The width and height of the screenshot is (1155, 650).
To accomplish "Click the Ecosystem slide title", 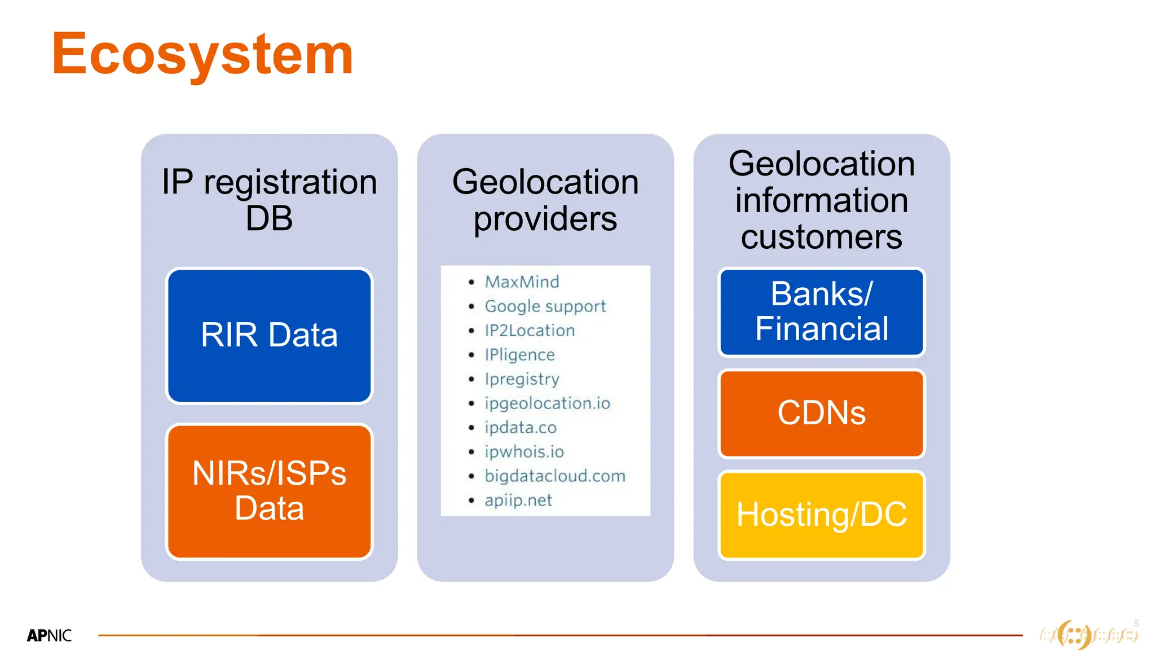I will [x=202, y=54].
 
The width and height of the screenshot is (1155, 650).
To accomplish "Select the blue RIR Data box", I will [x=269, y=335].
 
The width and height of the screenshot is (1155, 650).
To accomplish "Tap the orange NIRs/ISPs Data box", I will [x=269, y=491].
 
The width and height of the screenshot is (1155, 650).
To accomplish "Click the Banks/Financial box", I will [x=821, y=311].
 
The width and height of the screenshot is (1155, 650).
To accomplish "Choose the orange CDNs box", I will [x=821, y=413].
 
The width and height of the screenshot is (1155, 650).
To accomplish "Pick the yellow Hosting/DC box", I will [x=821, y=515].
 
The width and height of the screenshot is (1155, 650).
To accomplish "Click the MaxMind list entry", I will [x=522, y=282].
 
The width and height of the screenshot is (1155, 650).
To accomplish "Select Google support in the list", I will [x=545, y=306].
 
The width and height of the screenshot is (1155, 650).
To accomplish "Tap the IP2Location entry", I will [x=530, y=330].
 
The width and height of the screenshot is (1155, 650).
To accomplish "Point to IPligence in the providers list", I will [x=519, y=354].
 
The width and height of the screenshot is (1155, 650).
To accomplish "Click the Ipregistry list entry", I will [x=522, y=379].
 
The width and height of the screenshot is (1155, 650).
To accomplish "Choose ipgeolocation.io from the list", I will [x=547, y=403].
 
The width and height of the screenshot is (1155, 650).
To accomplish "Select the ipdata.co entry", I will [x=520, y=427].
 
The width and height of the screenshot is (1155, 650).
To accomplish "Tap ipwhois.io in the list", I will [x=524, y=451].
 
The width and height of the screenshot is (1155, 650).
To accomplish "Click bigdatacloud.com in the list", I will [x=555, y=476].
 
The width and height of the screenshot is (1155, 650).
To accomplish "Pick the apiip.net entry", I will [x=518, y=500].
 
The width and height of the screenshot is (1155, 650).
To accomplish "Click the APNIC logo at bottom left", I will [x=49, y=635].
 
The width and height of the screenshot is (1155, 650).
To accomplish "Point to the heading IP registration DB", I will [x=269, y=199].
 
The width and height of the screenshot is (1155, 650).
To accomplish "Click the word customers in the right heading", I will [x=821, y=236].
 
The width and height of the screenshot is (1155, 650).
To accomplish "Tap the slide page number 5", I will [x=1136, y=623].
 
